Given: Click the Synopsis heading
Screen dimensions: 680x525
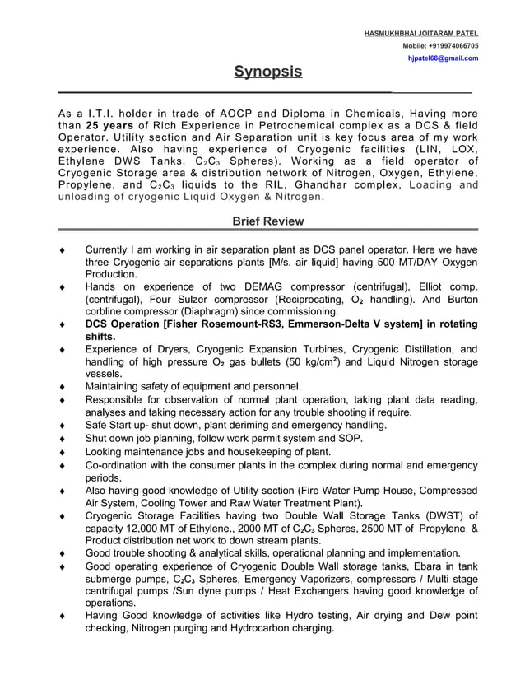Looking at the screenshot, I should [x=267, y=72].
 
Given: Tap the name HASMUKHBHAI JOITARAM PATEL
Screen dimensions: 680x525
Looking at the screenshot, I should [x=421, y=32].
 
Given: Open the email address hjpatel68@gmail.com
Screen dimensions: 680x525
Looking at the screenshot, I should [x=444, y=58].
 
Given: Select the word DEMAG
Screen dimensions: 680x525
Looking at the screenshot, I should [x=244, y=286].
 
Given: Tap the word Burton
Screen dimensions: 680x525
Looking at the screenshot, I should [x=457, y=300].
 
